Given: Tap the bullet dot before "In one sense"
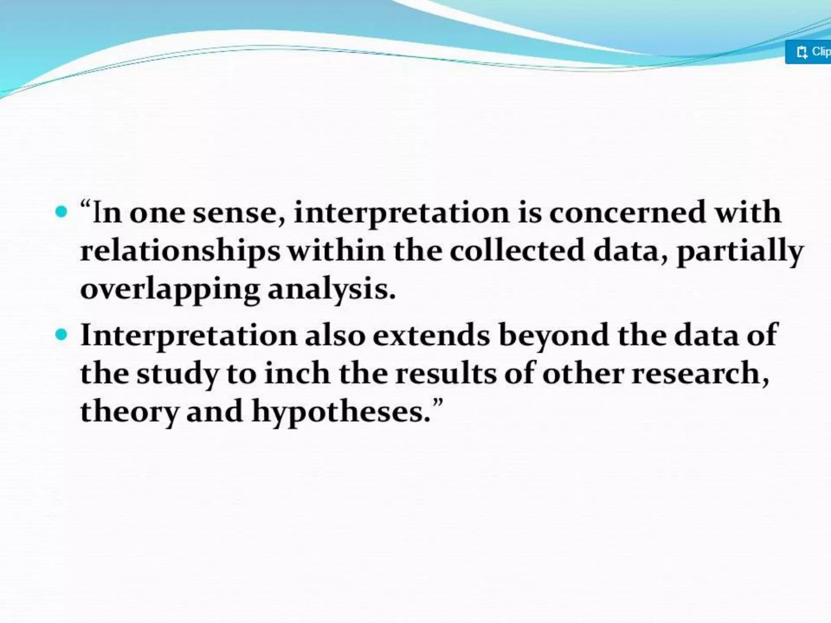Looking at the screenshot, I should coord(61,212).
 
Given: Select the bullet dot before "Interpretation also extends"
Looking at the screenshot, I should coord(61,335).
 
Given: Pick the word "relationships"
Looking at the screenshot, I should coord(180,251).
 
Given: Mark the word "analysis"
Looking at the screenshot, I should coord(331,290).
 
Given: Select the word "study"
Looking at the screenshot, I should coord(177,374).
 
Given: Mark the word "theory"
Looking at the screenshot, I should coord(129,412).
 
